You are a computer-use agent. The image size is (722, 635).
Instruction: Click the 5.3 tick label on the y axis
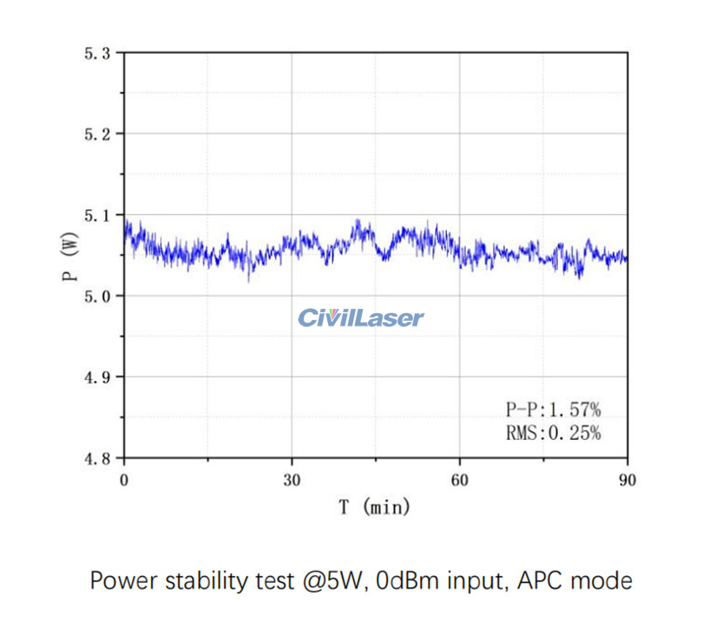97,53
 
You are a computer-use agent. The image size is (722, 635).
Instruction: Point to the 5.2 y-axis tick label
97,134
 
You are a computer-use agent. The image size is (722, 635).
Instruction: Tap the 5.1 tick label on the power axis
97,214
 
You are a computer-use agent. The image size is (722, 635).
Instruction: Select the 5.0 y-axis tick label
97,296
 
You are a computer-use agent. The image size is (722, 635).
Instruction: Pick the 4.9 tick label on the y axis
97,376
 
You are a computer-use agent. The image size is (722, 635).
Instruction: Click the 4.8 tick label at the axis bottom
97,458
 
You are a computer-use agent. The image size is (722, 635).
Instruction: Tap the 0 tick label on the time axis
124,480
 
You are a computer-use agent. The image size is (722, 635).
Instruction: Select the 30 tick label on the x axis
292,480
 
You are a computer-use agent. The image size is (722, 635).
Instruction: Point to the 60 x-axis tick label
460,480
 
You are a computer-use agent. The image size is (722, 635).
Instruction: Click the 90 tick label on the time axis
627,480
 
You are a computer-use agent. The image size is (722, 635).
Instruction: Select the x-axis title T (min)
375,507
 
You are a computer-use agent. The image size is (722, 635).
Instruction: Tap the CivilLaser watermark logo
361,317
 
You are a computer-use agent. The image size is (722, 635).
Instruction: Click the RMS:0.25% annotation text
553,432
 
